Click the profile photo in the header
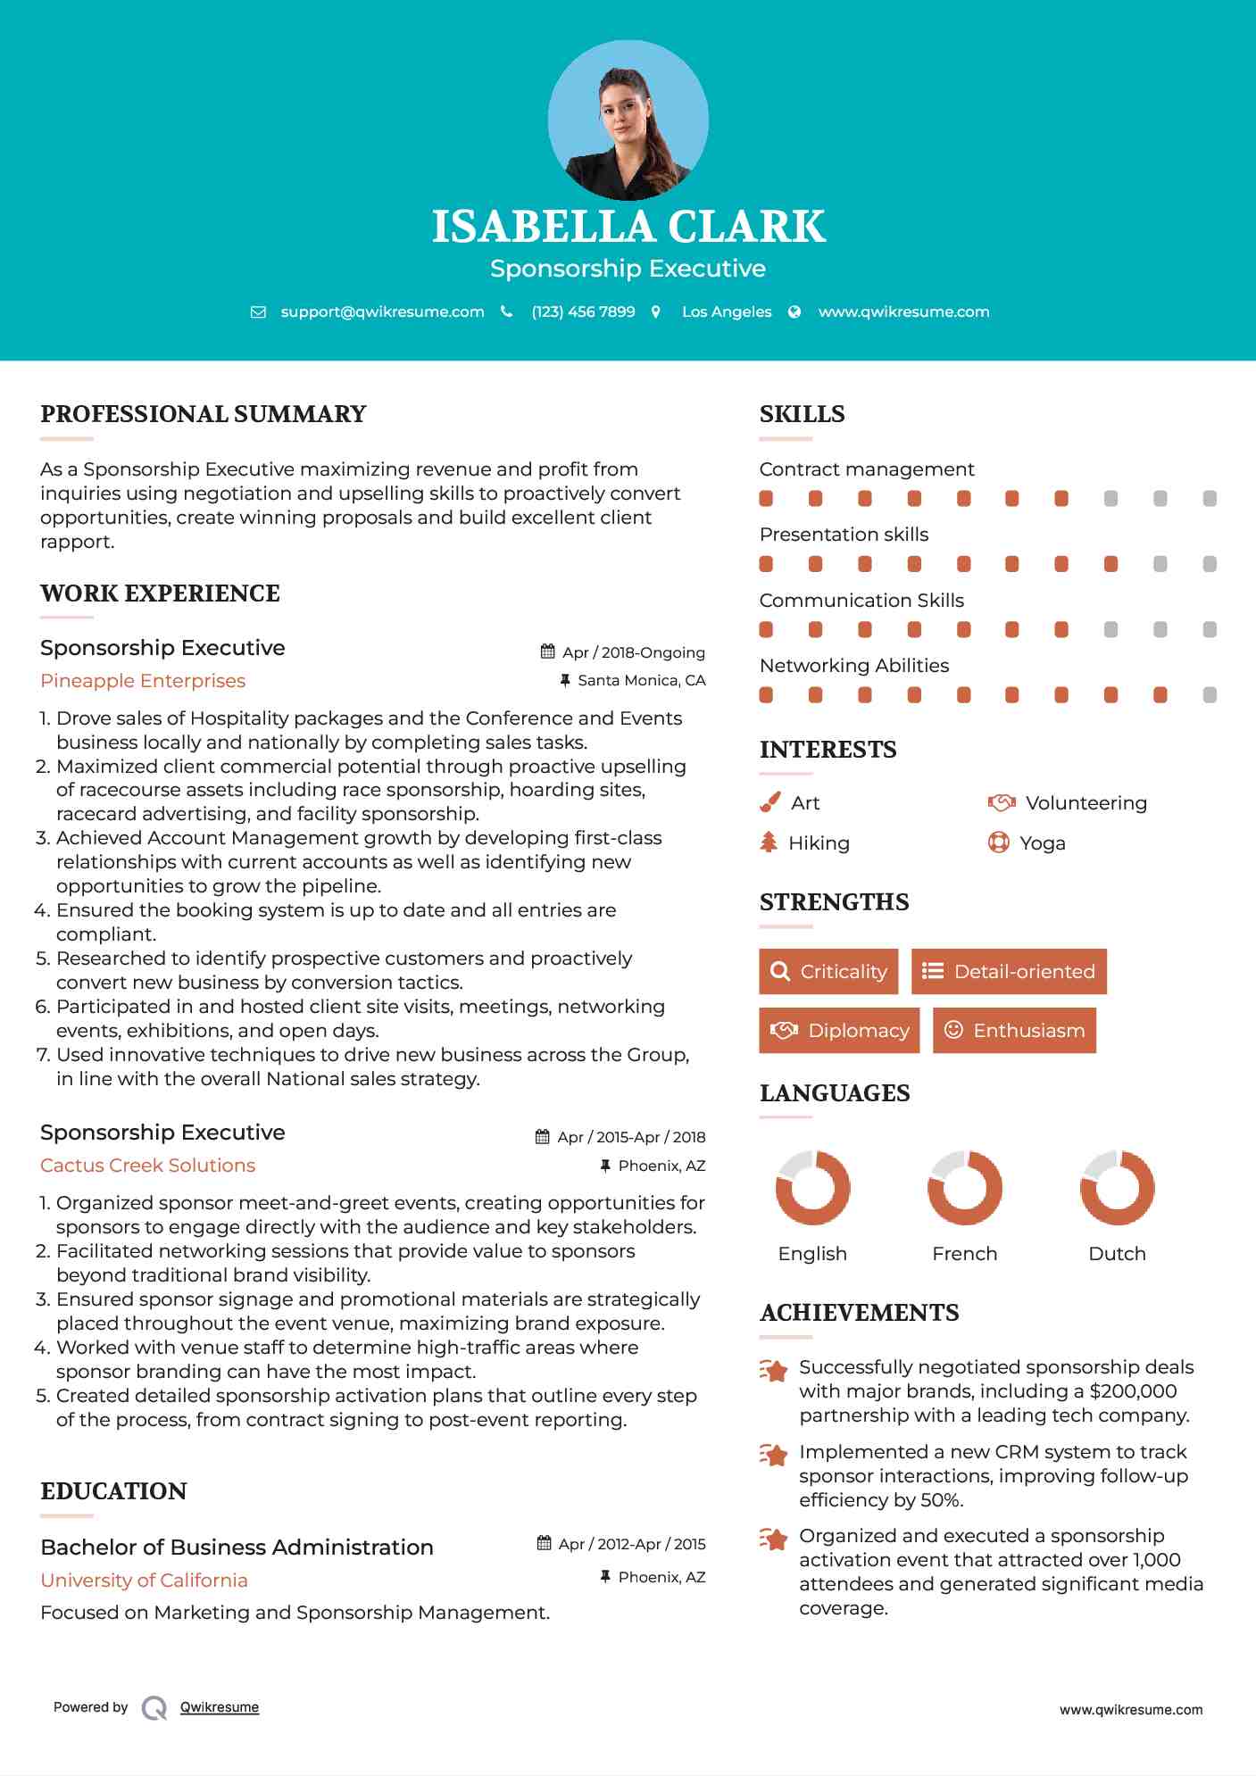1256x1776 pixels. pos(628,120)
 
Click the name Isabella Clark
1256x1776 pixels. pos(628,227)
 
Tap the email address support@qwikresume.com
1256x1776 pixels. pos(382,311)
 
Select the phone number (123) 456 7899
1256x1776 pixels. pos(583,311)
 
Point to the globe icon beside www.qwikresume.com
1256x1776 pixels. pos(794,311)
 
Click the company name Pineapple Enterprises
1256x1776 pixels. pos(143,681)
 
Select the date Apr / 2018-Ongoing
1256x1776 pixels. pos(633,652)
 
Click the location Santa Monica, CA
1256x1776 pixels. pos(641,680)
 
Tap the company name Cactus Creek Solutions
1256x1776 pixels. pos(148,1166)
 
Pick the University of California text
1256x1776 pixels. pos(145,1581)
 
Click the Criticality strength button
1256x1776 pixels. pos(828,971)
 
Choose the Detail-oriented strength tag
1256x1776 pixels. pos(1009,971)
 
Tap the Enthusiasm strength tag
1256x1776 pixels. pos(1014,1030)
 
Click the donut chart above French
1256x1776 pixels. pos(964,1188)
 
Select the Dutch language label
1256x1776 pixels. pos(1117,1254)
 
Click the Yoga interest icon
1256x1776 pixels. pos(998,842)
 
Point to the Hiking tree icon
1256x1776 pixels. pos(769,842)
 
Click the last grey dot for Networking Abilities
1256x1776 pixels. pos(1210,695)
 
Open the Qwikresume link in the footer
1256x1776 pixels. pos(220,1707)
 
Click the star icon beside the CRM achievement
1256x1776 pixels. pos(773,1455)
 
